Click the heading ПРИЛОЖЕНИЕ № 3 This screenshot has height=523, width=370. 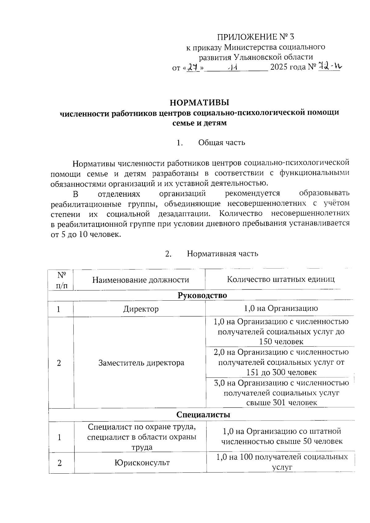(x=256, y=37)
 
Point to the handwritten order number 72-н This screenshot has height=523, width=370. (x=329, y=66)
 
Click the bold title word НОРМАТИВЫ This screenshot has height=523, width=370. (x=200, y=102)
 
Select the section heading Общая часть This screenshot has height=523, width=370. (x=222, y=142)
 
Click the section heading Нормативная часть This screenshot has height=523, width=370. (x=222, y=254)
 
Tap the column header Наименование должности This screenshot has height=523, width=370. (x=141, y=280)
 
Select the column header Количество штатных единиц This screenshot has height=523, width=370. (x=281, y=279)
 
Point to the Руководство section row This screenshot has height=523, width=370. (x=202, y=295)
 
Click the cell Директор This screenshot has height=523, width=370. (x=141, y=309)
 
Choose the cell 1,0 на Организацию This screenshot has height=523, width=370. (x=281, y=308)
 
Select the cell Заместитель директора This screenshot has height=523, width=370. (x=141, y=363)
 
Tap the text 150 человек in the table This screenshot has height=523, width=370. (x=281, y=342)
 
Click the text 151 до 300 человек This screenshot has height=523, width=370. (x=281, y=372)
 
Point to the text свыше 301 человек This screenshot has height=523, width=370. (x=281, y=403)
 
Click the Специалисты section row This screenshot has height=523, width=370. (x=203, y=415)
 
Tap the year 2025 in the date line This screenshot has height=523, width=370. (x=279, y=67)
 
